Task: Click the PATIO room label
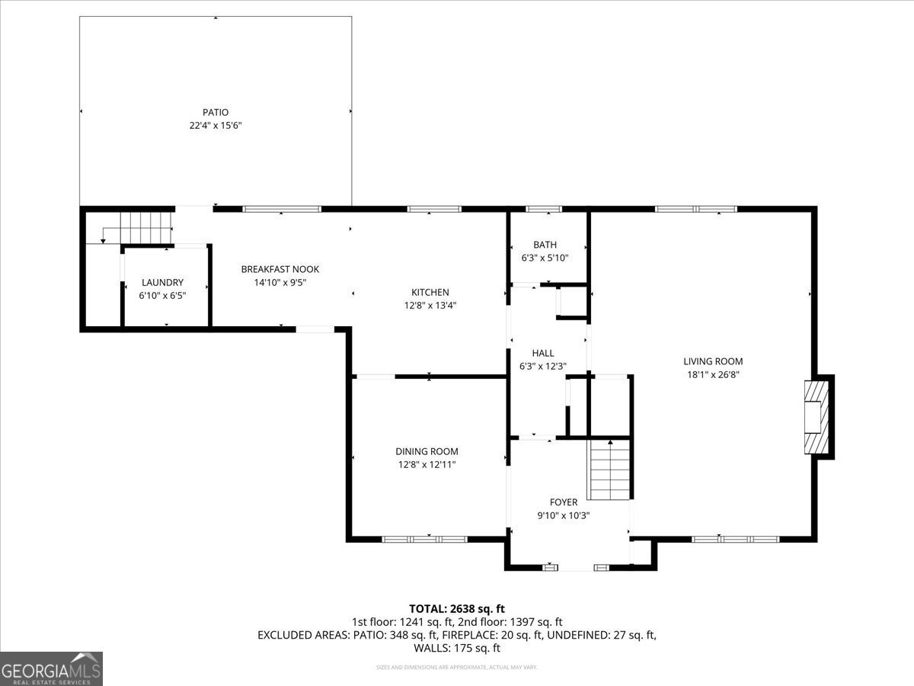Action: click(x=216, y=112)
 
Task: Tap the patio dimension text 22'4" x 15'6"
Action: click(x=216, y=126)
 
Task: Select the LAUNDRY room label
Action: click(x=162, y=282)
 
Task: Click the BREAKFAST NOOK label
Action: click(x=280, y=269)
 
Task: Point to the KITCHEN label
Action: click(x=430, y=292)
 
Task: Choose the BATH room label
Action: click(x=545, y=245)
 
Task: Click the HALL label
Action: click(x=543, y=353)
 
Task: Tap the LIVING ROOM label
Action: click(x=713, y=361)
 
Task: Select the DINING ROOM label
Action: click(x=427, y=451)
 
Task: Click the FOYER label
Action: click(x=564, y=502)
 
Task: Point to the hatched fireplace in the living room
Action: click(x=816, y=416)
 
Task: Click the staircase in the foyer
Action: click(x=609, y=471)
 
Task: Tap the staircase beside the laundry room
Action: click(x=145, y=226)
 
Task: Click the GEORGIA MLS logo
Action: click(x=51, y=668)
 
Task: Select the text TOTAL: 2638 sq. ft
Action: click(x=457, y=608)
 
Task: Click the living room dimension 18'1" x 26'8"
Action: click(x=713, y=374)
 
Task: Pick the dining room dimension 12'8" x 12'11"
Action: click(x=427, y=464)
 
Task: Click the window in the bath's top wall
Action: click(x=544, y=209)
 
